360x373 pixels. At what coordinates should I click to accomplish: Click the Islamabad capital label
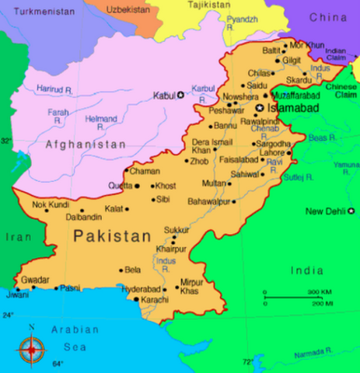[x=292, y=109]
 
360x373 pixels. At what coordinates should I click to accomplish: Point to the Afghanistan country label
[x=86, y=145]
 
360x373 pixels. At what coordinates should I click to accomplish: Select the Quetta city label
[x=119, y=186]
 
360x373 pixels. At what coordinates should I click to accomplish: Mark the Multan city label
[x=215, y=183]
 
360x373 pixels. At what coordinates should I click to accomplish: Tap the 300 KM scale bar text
[x=320, y=291]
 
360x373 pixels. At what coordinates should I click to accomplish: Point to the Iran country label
[x=15, y=237]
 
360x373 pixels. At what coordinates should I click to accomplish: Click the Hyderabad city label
[x=140, y=288]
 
